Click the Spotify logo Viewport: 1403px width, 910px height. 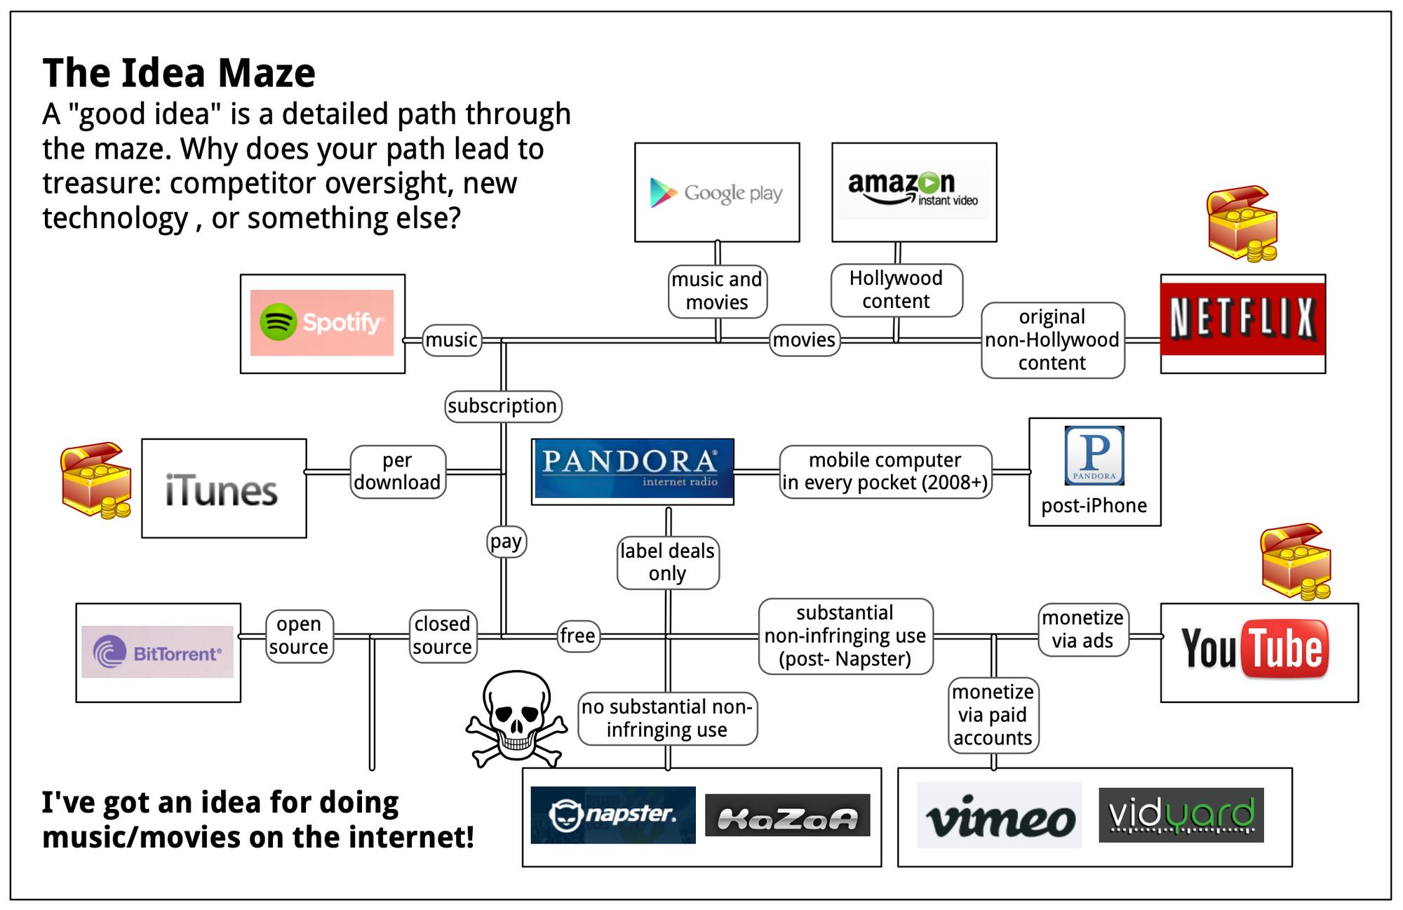tap(322, 323)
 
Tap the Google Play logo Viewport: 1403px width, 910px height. tap(716, 193)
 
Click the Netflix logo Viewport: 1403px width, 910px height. tap(1242, 319)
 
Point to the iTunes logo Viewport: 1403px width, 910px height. tap(222, 490)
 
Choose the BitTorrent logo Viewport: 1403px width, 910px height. tap(158, 653)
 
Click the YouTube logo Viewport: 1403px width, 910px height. tap(1255, 649)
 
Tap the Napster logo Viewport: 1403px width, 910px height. tap(612, 815)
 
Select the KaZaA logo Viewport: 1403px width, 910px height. tap(787, 816)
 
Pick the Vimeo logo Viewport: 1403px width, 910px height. tap(1000, 816)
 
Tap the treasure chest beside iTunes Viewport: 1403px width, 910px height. tap(96, 481)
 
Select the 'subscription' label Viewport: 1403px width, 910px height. tap(503, 406)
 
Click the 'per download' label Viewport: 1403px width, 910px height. tap(398, 471)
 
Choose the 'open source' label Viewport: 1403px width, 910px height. tap(299, 636)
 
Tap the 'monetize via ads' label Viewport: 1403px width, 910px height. tap(1082, 629)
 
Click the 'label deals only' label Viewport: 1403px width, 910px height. tap(667, 563)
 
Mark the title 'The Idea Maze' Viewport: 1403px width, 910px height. tap(179, 73)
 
